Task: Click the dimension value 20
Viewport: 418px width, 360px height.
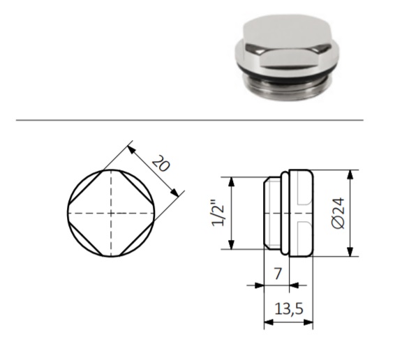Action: [x=161, y=163]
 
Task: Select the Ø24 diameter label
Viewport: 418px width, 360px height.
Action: [x=338, y=213]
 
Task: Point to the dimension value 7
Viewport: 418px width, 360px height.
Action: [x=278, y=273]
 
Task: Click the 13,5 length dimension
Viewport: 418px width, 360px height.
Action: [x=289, y=309]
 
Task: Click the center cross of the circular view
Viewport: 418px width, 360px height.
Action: [x=111, y=213]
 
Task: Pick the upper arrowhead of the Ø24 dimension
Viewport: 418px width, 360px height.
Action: [x=350, y=175]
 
